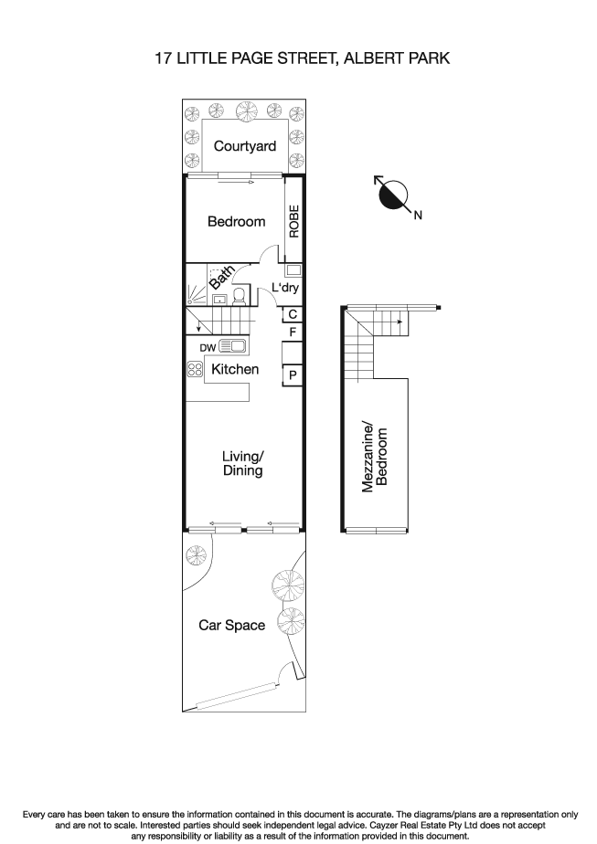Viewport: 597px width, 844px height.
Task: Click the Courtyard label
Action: [244, 146]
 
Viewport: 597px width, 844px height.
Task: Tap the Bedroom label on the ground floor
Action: [236, 221]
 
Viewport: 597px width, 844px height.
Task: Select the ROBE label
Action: [294, 221]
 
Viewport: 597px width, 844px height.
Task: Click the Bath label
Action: [221, 278]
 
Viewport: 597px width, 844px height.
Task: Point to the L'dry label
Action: [286, 289]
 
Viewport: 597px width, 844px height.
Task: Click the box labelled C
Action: [292, 314]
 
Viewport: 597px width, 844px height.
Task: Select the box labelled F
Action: [292, 332]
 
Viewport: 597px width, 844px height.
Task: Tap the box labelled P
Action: [293, 375]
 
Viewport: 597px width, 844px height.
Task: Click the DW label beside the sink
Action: [207, 347]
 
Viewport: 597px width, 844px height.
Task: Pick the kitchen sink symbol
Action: [231, 346]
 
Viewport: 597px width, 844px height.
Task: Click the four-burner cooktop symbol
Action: [195, 369]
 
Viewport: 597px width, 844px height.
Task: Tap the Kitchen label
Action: [235, 370]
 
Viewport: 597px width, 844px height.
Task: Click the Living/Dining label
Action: [243, 463]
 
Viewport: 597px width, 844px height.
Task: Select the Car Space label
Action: [232, 626]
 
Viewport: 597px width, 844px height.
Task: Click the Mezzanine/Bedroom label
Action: [375, 458]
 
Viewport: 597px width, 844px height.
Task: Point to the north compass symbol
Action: [393, 195]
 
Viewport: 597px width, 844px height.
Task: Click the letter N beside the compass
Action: [418, 216]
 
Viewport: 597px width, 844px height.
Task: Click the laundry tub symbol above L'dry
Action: [293, 270]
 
